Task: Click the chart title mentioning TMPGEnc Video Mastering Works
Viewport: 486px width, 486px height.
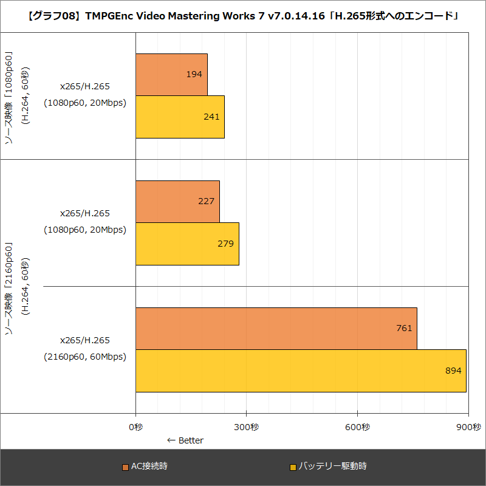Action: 243,16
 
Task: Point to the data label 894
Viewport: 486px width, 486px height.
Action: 453,371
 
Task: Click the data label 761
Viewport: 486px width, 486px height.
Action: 404,328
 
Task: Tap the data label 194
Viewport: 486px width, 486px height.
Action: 194,74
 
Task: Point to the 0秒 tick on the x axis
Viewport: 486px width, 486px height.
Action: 135,427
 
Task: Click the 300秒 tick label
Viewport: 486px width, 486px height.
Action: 247,427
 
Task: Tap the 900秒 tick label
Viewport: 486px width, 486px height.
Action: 468,427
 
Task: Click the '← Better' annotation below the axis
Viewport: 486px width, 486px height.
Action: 185,440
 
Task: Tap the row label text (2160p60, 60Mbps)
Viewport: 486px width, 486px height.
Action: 84,357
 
